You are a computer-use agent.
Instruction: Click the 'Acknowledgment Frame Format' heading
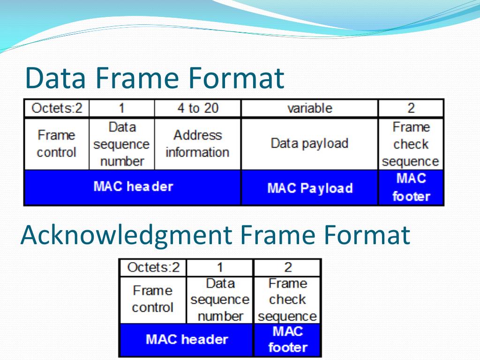215,235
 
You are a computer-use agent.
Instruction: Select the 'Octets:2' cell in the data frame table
57,108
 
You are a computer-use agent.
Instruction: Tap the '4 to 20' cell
197,108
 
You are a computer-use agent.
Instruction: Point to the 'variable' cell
309,108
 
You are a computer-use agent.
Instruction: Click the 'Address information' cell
197,144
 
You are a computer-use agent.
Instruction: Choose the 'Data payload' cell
309,143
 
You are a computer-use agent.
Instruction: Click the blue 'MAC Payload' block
309,188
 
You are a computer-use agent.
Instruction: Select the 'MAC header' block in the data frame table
133,187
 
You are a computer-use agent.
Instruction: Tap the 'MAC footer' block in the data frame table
411,187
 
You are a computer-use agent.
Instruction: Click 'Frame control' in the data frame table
56,144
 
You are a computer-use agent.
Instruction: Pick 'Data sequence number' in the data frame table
121,144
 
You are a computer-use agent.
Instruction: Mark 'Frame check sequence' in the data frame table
411,144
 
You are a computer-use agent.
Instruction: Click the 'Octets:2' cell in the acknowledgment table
153,268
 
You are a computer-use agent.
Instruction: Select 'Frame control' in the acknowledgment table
153,299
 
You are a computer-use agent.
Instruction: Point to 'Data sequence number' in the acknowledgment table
220,300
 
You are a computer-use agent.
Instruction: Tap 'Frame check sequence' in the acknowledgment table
287,300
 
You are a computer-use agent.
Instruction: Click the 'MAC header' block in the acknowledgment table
187,339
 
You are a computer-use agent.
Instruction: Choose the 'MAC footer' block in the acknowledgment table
287,339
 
